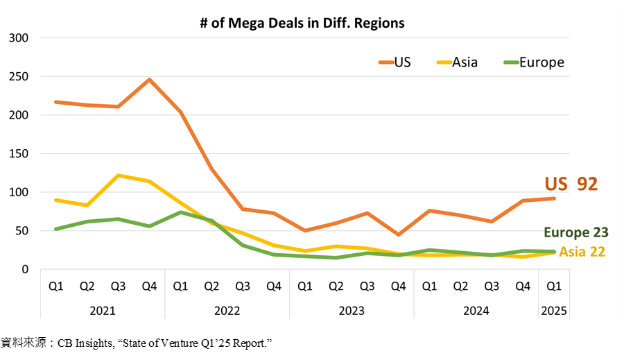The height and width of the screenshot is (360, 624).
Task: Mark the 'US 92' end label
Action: [x=571, y=185]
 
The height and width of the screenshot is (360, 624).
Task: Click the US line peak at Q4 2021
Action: [x=148, y=79]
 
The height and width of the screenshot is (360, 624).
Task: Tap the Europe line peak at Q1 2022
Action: [x=179, y=212]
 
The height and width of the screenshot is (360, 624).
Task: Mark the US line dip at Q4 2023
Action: [x=398, y=234]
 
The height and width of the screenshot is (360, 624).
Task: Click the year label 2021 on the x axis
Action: [x=102, y=311]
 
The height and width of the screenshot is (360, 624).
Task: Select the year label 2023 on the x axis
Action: [x=352, y=311]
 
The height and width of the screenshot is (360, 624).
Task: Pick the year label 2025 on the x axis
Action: [x=553, y=311]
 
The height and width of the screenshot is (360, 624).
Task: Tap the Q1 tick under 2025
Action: [x=553, y=285]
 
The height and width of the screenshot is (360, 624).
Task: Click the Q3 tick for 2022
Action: [x=242, y=285]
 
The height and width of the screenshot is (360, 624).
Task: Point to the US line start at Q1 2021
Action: [x=55, y=102]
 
